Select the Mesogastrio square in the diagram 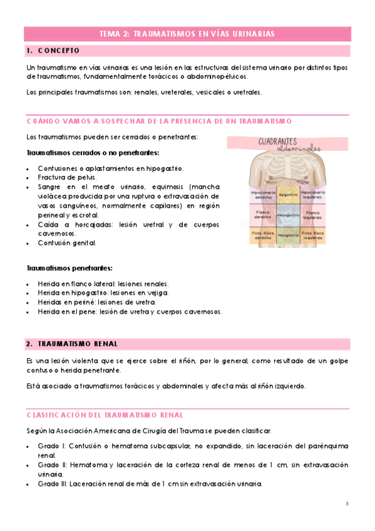click(x=288, y=214)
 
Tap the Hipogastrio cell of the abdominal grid click(x=288, y=235)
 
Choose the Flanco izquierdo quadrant click(x=312, y=214)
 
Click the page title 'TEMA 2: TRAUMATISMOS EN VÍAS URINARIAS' click(x=187, y=34)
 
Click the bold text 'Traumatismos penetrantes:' click(x=69, y=268)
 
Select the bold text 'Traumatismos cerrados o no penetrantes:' click(x=93, y=152)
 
